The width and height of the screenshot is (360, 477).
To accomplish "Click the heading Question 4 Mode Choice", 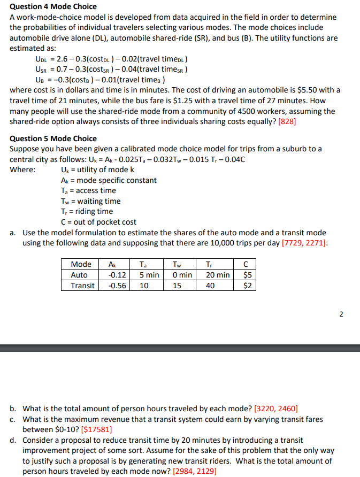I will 53,6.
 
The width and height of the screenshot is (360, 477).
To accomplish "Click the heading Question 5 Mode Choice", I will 53,139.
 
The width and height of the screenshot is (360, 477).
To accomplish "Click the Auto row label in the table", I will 79,275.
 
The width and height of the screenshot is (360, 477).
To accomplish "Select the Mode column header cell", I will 81,264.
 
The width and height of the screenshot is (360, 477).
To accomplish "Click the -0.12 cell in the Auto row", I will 117,275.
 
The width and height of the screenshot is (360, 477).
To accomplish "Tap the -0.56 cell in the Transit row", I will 117,286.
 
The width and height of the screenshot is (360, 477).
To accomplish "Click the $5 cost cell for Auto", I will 247,275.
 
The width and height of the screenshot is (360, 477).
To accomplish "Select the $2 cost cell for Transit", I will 247,286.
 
